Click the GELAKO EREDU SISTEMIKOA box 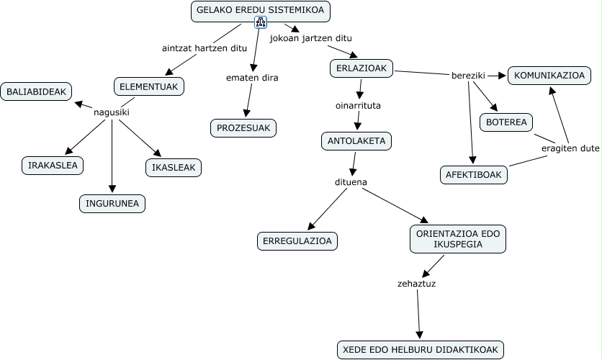(x=261, y=11)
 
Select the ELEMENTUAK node (x=149, y=87)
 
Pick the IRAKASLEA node (x=53, y=165)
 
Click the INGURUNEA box (x=112, y=204)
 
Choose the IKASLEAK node (x=173, y=168)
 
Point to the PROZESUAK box (x=243, y=129)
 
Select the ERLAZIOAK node (x=361, y=68)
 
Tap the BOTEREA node (x=506, y=122)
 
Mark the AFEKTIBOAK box (x=474, y=174)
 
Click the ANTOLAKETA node (x=356, y=141)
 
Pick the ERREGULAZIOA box (x=297, y=241)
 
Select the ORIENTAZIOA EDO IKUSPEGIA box (x=458, y=240)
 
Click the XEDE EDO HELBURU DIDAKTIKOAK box (x=421, y=350)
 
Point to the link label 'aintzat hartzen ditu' (x=204, y=48)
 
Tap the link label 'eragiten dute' (x=570, y=148)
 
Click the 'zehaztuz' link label (x=416, y=283)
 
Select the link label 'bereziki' (x=468, y=75)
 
